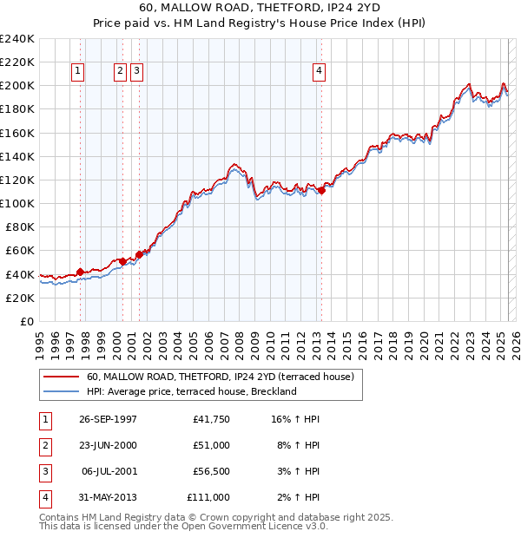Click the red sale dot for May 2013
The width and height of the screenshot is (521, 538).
point(321,190)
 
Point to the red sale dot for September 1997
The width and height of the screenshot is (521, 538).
point(80,272)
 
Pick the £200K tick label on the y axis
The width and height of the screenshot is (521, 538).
point(17,85)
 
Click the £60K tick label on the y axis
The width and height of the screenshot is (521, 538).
point(20,250)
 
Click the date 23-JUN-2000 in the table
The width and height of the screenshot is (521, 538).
point(108,445)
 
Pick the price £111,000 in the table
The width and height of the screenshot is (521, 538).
point(208,497)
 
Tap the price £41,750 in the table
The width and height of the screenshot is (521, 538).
point(210,419)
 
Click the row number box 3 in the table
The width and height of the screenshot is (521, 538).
point(43,471)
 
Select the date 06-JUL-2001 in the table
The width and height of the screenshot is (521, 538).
point(109,471)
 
